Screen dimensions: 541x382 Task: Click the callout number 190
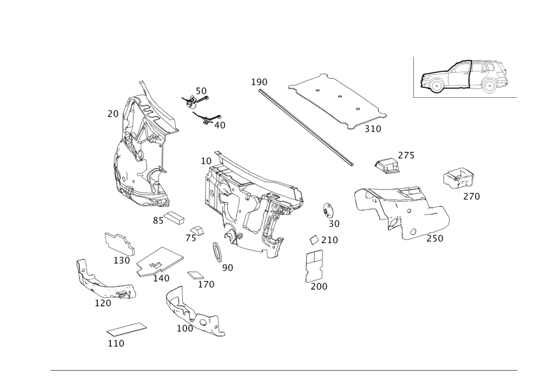[x=259, y=82]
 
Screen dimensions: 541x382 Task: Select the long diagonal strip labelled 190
[x=306, y=128]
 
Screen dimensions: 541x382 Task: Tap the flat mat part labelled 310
[x=338, y=102]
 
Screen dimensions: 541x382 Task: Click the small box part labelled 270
[x=458, y=178]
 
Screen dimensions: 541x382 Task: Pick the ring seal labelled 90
[x=217, y=252]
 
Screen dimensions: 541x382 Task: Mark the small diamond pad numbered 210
[x=314, y=240]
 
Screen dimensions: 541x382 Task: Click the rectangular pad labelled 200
[x=314, y=266]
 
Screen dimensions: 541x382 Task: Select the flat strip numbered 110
[x=127, y=329]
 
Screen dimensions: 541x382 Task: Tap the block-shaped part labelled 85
[x=174, y=218]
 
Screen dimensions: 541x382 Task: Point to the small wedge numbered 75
[x=197, y=230]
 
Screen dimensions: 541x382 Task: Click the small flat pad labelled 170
[x=195, y=275]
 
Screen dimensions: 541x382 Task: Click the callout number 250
[x=435, y=238]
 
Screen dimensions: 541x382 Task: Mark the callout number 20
[x=113, y=113]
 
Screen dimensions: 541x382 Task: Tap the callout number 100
[x=185, y=329]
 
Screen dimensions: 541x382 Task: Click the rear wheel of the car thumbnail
[x=489, y=85]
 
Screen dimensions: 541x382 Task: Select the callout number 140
[x=161, y=278]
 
